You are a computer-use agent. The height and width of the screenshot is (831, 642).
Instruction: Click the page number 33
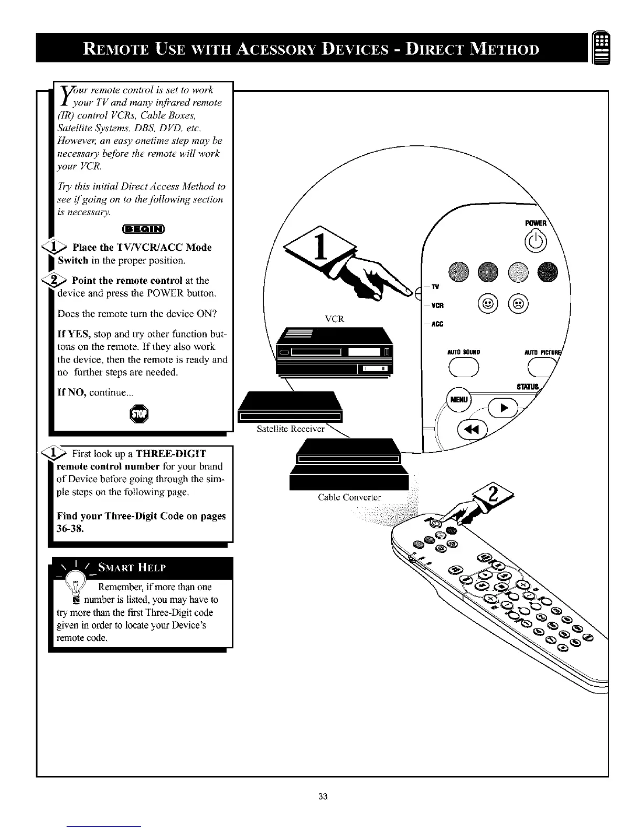point(323,797)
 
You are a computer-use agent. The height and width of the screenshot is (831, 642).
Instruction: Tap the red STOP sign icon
point(141,414)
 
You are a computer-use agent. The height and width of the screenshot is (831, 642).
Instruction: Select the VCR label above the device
point(334,319)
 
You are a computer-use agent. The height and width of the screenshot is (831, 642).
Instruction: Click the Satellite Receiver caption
point(291,429)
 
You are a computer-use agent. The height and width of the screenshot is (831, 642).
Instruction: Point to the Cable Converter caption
point(349,497)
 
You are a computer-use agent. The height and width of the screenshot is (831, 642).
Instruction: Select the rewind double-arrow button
point(473,430)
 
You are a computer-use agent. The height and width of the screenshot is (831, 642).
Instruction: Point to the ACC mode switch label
point(437,324)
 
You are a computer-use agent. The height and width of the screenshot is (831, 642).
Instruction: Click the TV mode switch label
point(435,287)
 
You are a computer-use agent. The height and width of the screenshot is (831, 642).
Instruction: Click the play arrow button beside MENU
point(502,408)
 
